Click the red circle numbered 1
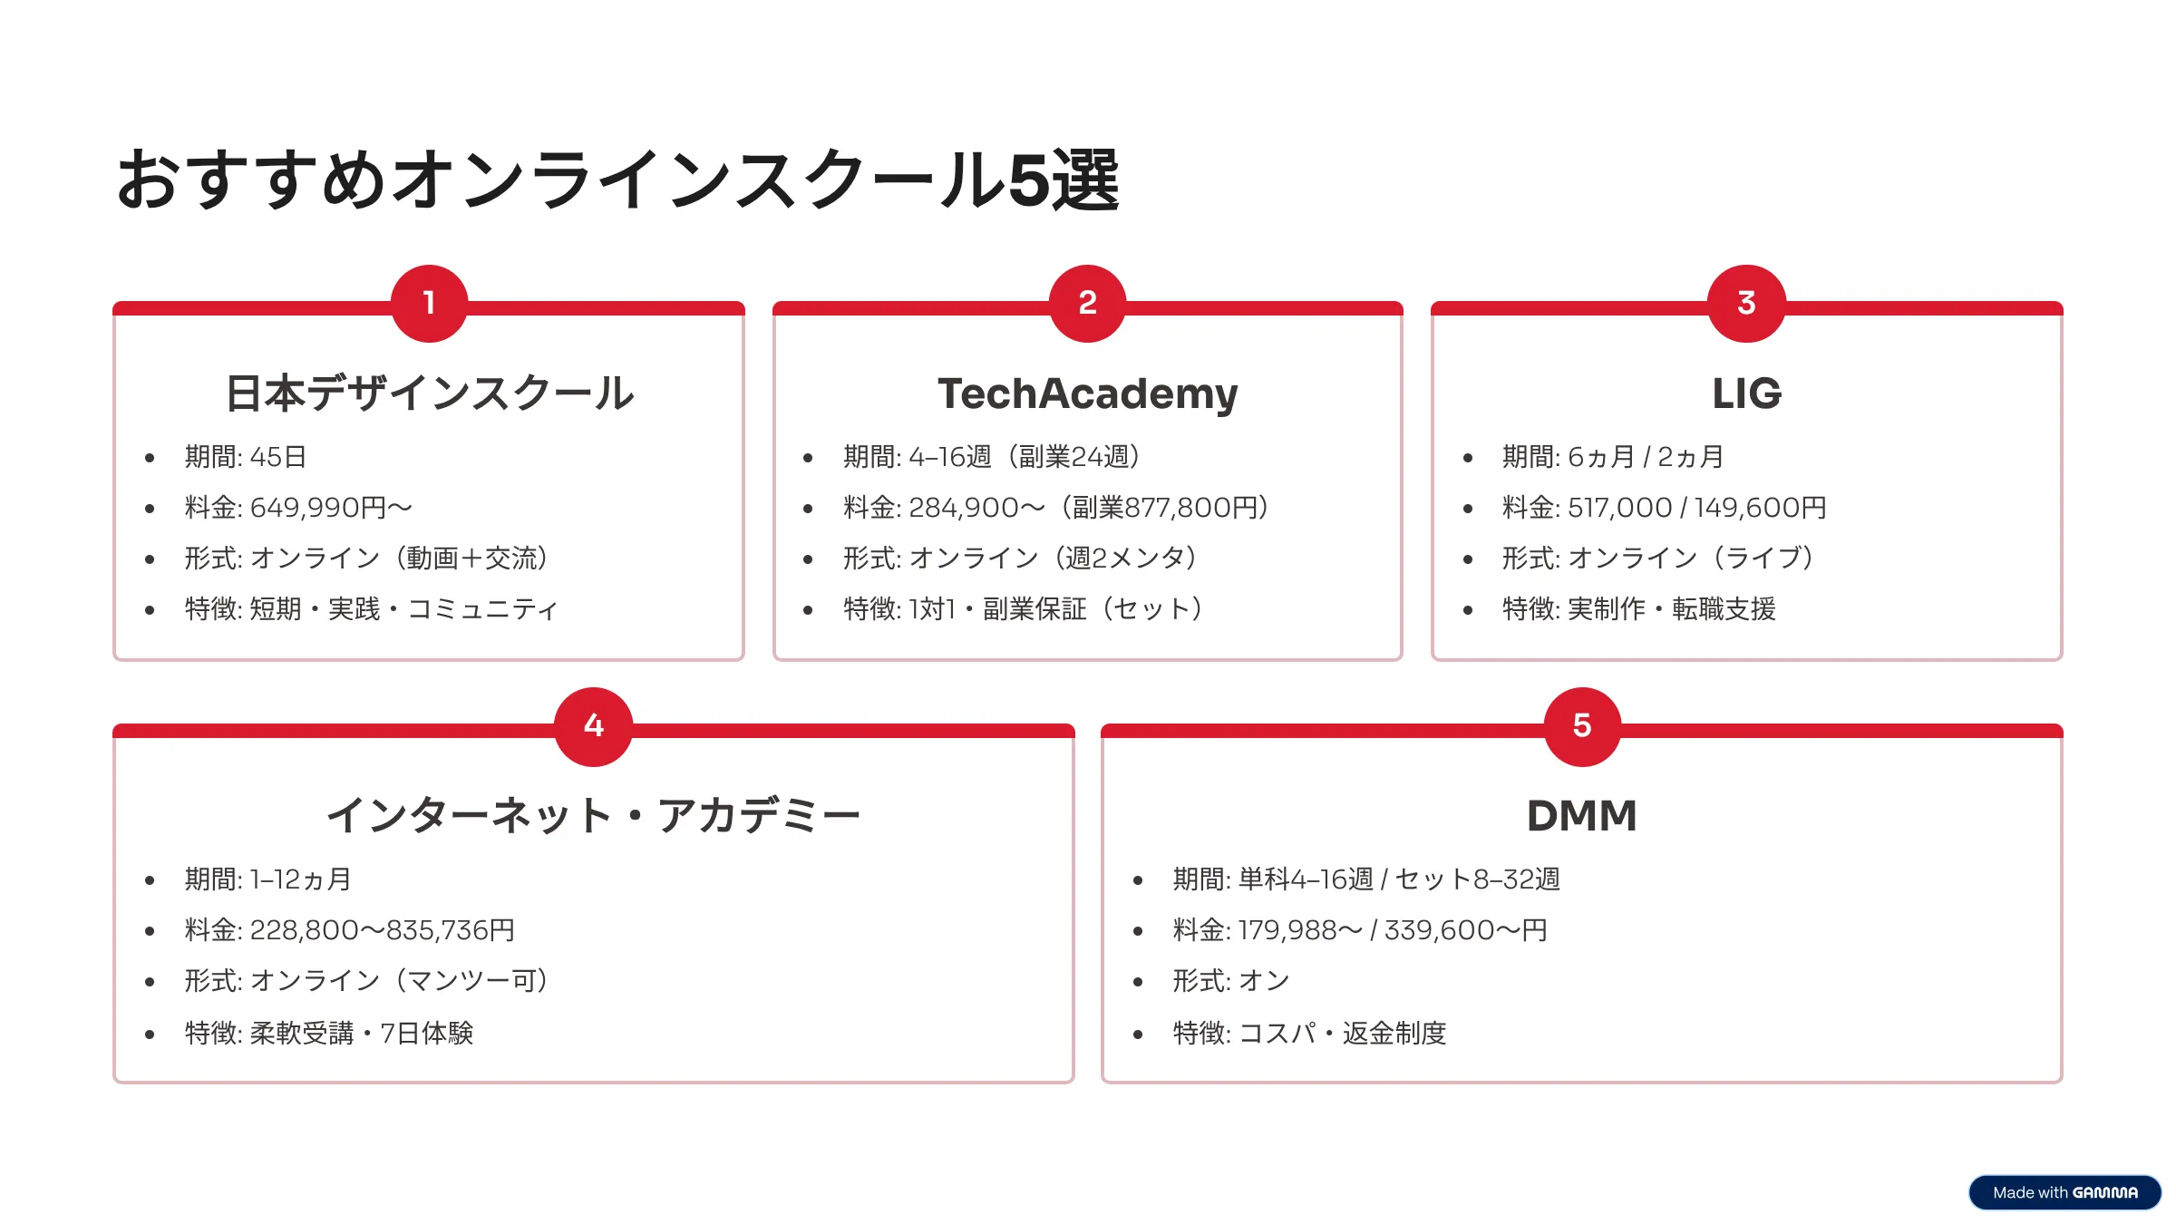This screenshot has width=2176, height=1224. tap(429, 303)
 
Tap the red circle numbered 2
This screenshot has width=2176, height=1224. tap(1088, 303)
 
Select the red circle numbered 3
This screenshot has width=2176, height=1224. tap(1746, 303)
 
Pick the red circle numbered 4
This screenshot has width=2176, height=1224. tap(593, 726)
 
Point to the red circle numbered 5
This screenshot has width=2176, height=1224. tap(1582, 726)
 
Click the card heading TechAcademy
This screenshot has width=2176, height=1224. tap(1088, 393)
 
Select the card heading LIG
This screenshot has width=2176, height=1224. tap(1746, 393)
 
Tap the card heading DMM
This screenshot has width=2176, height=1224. tap(1582, 816)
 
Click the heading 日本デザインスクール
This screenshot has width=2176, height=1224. tap(429, 393)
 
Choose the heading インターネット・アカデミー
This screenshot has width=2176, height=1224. tap(593, 816)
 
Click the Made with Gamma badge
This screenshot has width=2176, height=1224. tap(2064, 1192)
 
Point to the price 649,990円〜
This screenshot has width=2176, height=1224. tap(331, 508)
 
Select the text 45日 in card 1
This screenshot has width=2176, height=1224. tap(278, 457)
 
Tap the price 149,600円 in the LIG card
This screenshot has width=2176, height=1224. tap(1760, 508)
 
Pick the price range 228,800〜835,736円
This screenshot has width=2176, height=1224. tap(383, 930)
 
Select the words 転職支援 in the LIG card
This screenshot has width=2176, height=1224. tap(1724, 609)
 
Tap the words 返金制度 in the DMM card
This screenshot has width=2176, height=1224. tap(1394, 1034)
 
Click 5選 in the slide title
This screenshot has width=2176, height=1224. tap(1064, 180)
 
